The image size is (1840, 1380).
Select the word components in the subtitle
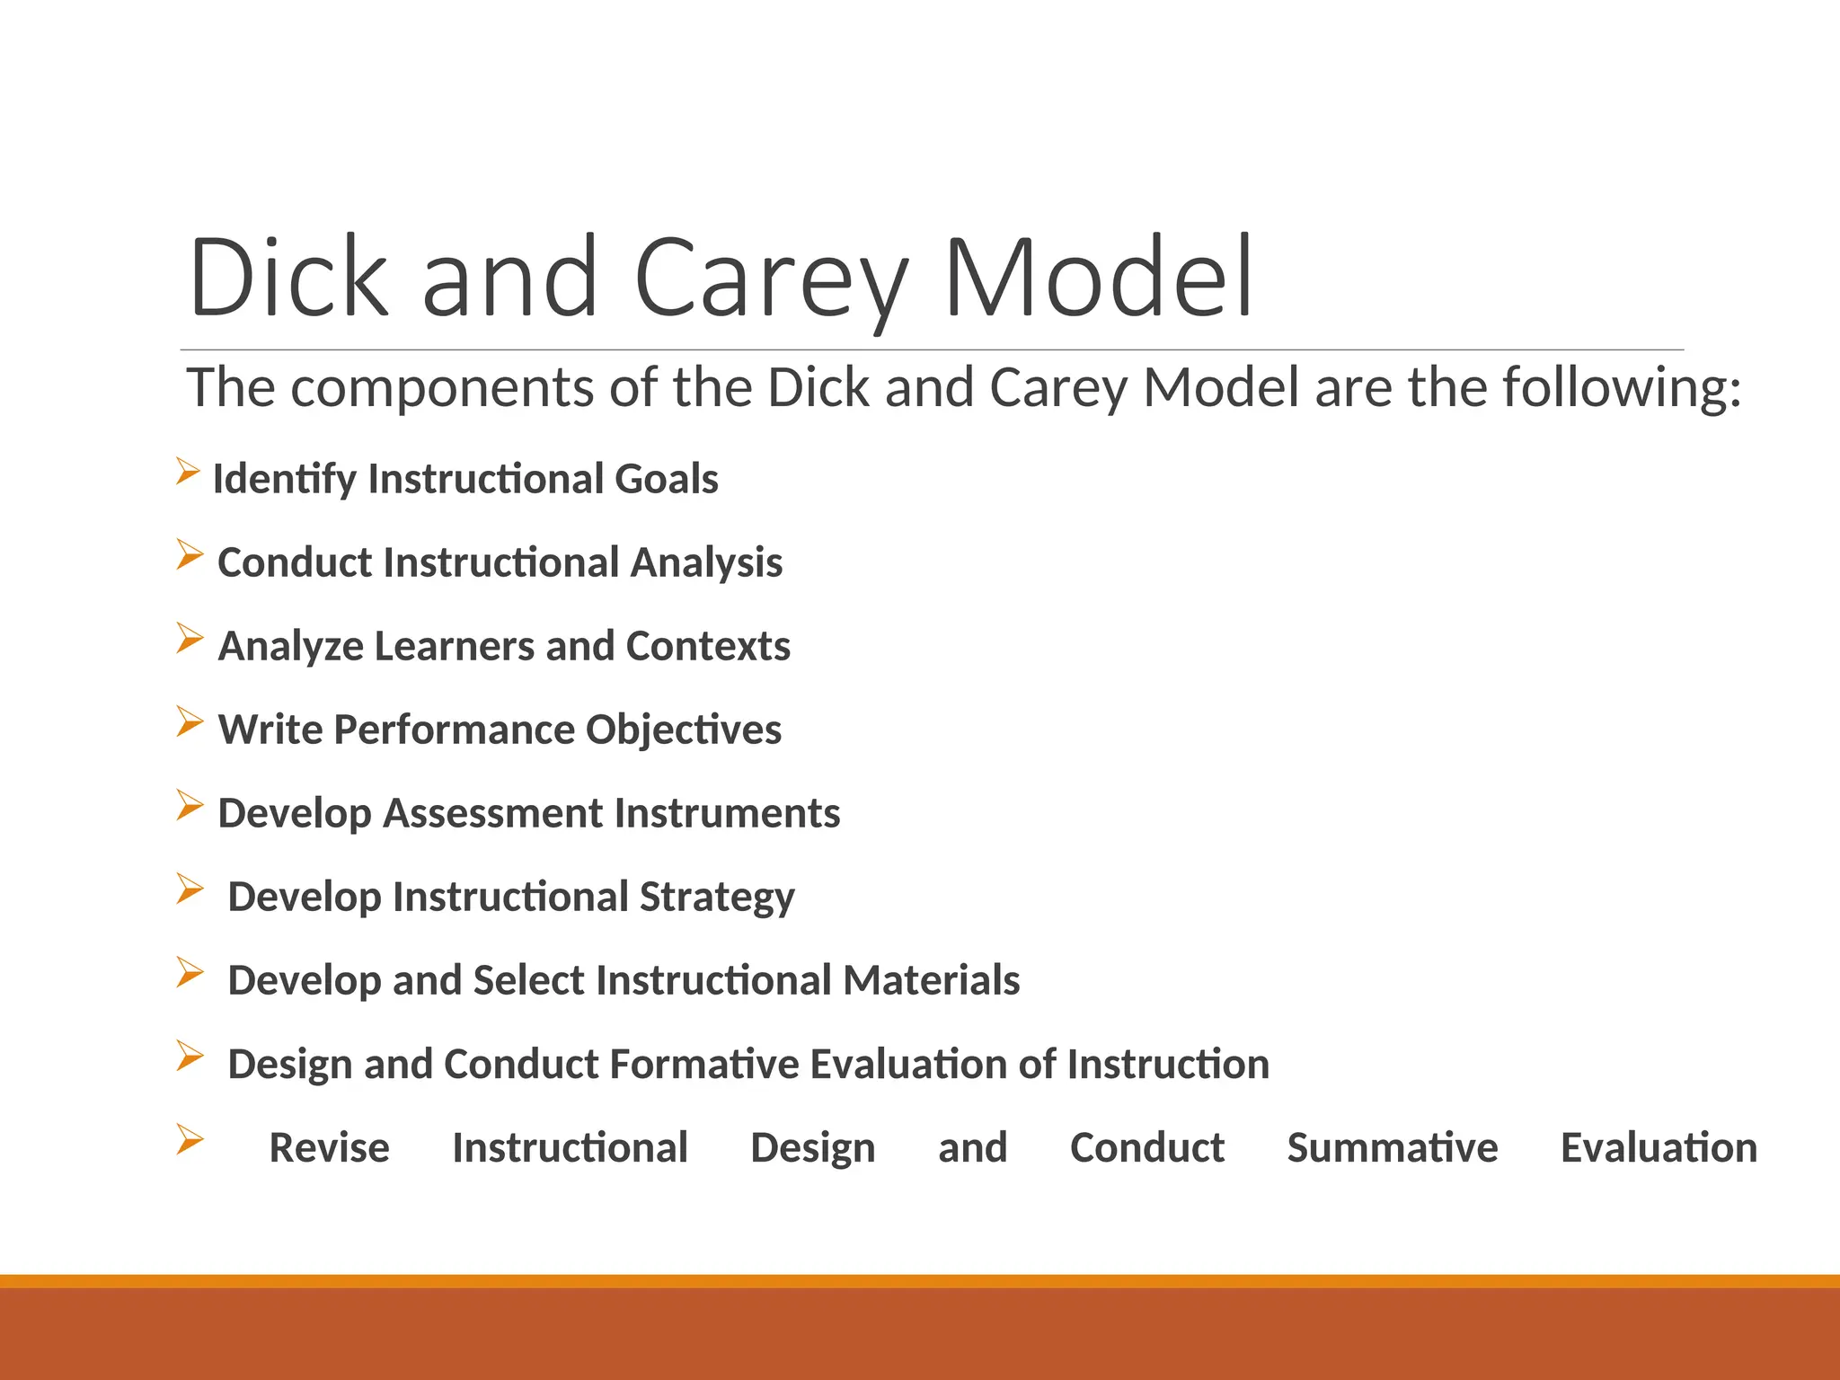click(x=442, y=388)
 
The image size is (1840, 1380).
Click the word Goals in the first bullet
click(x=666, y=479)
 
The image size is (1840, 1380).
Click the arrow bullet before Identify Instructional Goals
click(x=188, y=471)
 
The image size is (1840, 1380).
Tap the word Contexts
click(x=708, y=646)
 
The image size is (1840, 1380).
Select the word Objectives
click(x=684, y=730)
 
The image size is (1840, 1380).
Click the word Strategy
click(x=717, y=897)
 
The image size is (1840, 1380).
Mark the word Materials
click(x=932, y=980)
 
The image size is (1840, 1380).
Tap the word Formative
click(x=704, y=1064)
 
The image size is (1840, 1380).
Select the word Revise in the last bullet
click(x=329, y=1147)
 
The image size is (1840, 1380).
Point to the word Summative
click(x=1392, y=1147)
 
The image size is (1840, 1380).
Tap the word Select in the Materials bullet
click(x=529, y=980)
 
